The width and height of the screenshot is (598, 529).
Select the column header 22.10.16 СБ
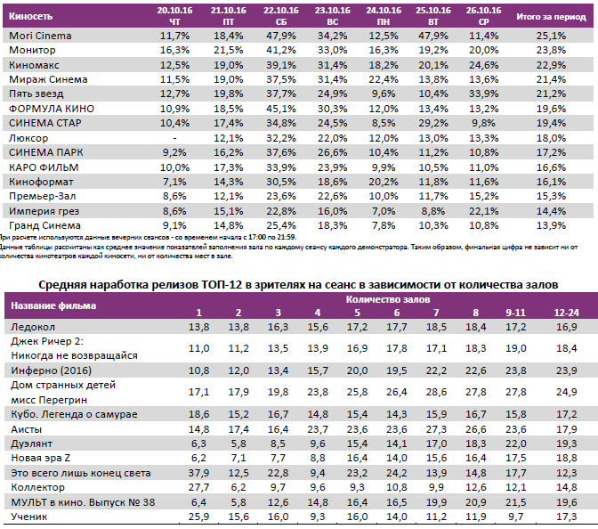[x=280, y=14]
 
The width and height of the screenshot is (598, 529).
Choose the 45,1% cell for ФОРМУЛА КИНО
[x=280, y=109]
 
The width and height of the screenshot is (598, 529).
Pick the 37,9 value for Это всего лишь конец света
[x=199, y=472]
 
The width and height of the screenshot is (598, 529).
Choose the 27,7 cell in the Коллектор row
[x=199, y=487]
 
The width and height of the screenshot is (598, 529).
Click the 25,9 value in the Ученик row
[x=199, y=517]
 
